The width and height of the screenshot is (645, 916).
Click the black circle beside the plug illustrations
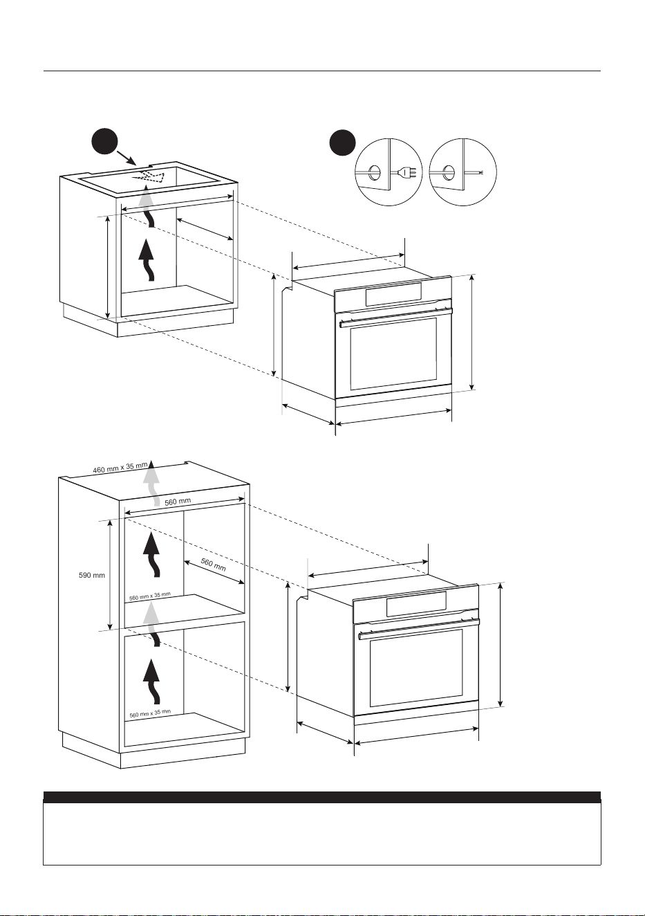[342, 143]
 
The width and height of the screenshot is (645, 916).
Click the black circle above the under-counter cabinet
[104, 141]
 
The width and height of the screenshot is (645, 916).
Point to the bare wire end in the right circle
[482, 173]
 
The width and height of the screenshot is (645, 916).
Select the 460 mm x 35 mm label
[120, 468]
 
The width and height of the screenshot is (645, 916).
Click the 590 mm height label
[91, 576]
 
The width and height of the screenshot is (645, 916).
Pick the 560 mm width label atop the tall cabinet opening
[178, 502]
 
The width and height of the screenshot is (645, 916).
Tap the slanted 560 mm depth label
[214, 565]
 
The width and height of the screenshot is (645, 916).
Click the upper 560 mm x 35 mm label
[150, 596]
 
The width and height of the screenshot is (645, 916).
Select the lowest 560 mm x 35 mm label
[150, 713]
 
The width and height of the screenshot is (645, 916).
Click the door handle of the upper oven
[396, 318]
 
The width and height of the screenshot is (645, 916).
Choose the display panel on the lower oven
[416, 605]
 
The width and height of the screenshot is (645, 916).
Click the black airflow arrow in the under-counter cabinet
[147, 260]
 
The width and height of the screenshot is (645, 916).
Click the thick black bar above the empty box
[322, 798]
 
